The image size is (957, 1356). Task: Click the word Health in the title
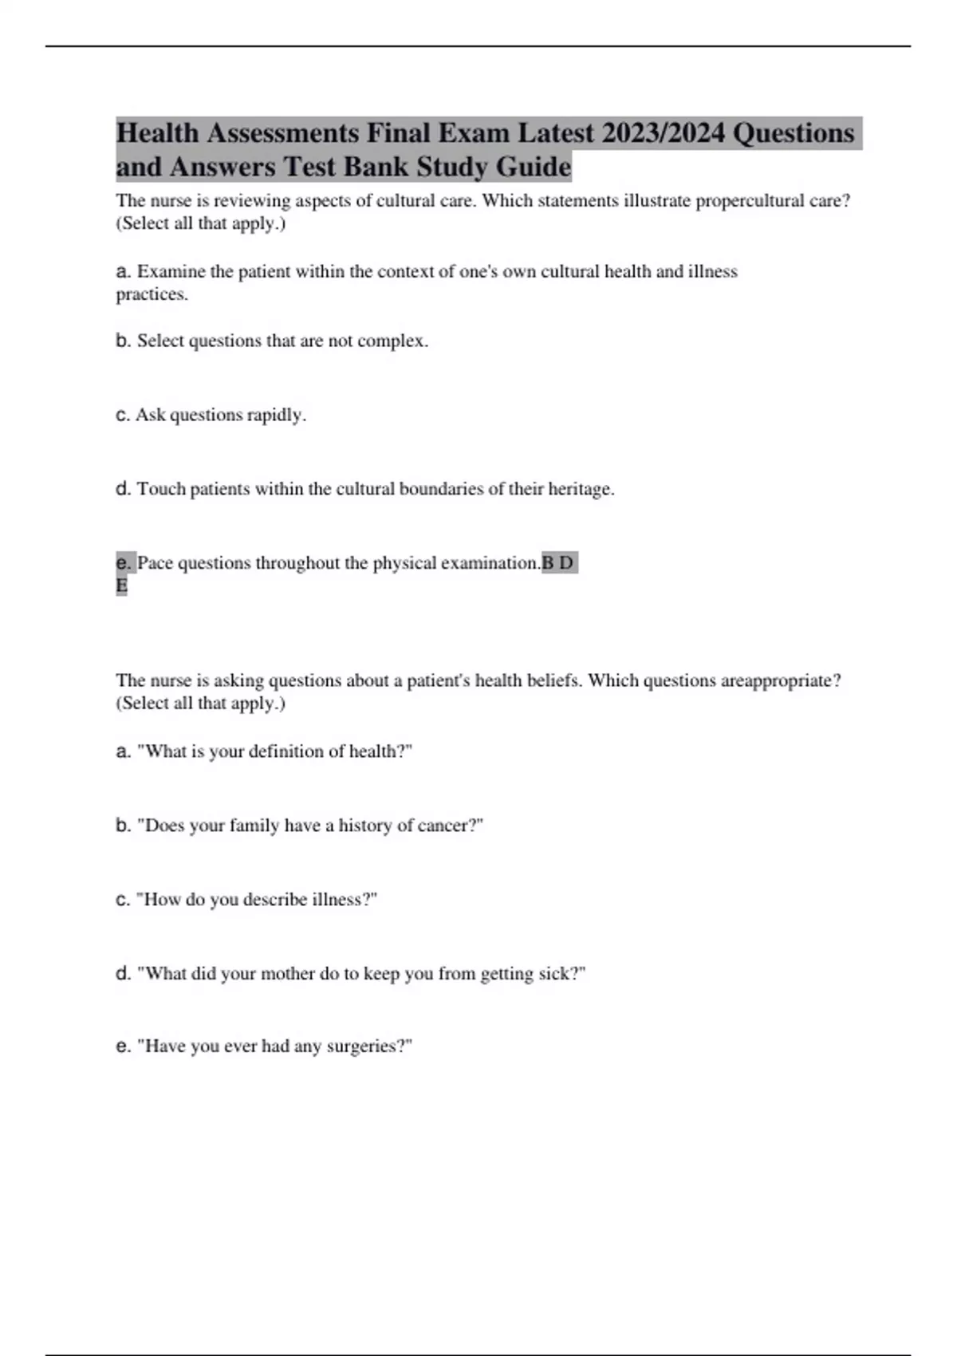[x=157, y=132]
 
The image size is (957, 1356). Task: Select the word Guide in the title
[x=534, y=168]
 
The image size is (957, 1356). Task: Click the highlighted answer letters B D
[x=557, y=563]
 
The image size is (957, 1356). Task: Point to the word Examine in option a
[x=171, y=272]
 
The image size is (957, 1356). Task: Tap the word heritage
[x=581, y=489]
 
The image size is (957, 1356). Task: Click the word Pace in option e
[x=155, y=563]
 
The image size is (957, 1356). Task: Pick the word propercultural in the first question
[x=750, y=201]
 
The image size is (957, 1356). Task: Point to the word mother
[x=282, y=974]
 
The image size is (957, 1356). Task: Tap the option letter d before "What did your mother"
[x=123, y=974]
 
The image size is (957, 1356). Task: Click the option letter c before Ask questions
[x=123, y=416]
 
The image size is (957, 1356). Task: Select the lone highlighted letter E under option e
[x=122, y=586]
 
